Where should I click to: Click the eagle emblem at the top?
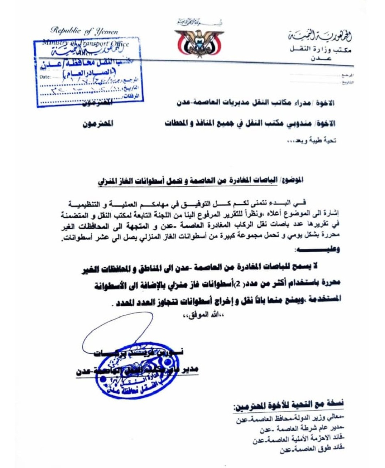coord(199,43)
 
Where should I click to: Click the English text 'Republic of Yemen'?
coord(84,31)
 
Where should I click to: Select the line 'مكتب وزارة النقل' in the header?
coord(320,50)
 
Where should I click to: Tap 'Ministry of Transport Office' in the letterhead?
coord(86,44)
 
